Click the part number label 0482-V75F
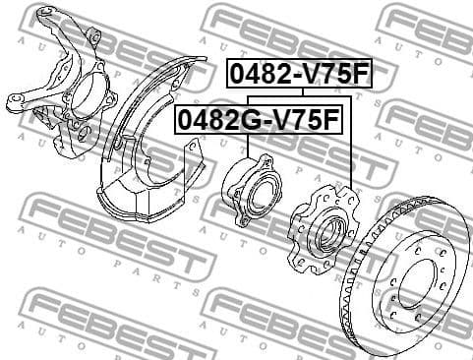pyautogui.click(x=300, y=75)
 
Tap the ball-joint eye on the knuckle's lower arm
pyautogui.click(x=17, y=101)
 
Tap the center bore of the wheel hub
pyautogui.click(x=326, y=231)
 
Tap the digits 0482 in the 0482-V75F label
pyautogui.click(x=259, y=75)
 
